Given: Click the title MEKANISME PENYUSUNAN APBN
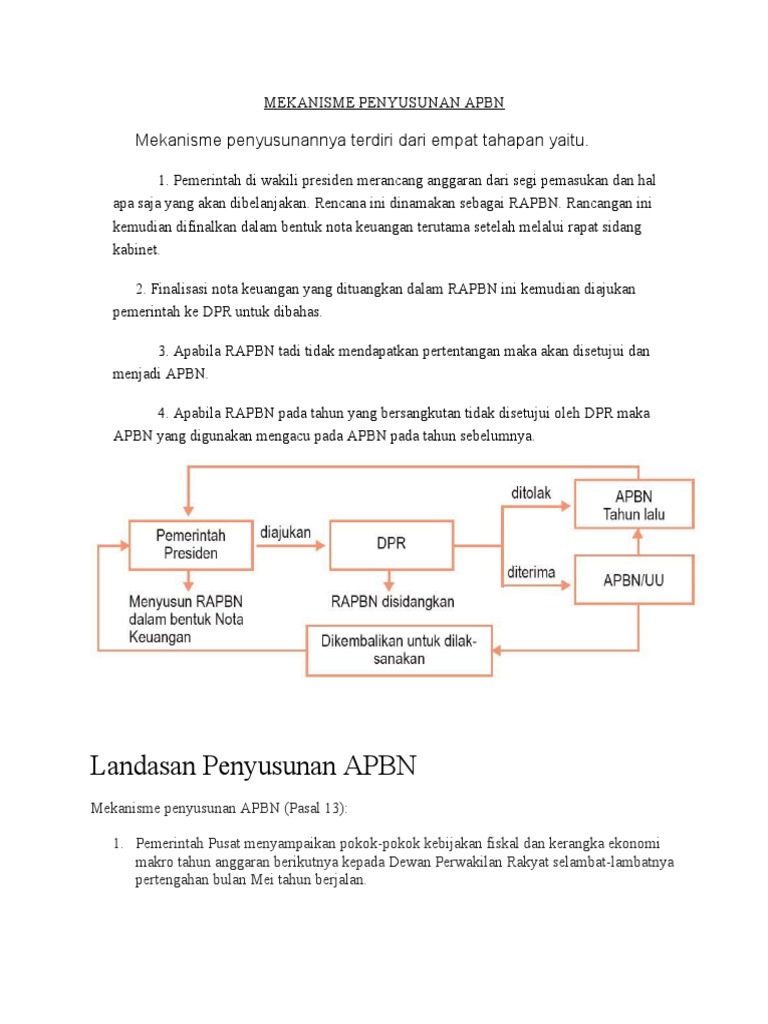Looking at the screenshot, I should [x=384, y=103].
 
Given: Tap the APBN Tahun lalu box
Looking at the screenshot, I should [x=633, y=505].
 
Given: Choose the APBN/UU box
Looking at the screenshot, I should [x=633, y=579].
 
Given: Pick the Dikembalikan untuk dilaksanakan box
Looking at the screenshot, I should [x=398, y=650].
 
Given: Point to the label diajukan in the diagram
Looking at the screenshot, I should [x=285, y=532].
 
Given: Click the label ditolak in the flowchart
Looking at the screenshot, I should [x=532, y=492].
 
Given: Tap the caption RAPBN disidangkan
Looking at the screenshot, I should [x=393, y=601].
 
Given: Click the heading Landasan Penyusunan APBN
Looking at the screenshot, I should [x=252, y=767].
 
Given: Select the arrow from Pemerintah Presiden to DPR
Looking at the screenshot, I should [x=292, y=546].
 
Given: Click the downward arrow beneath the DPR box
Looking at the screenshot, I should [x=387, y=581].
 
